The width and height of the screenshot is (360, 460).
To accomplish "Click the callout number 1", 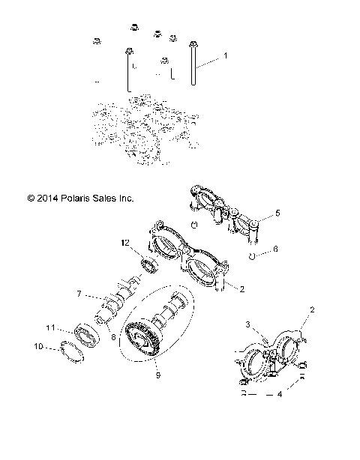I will [x=225, y=57].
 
